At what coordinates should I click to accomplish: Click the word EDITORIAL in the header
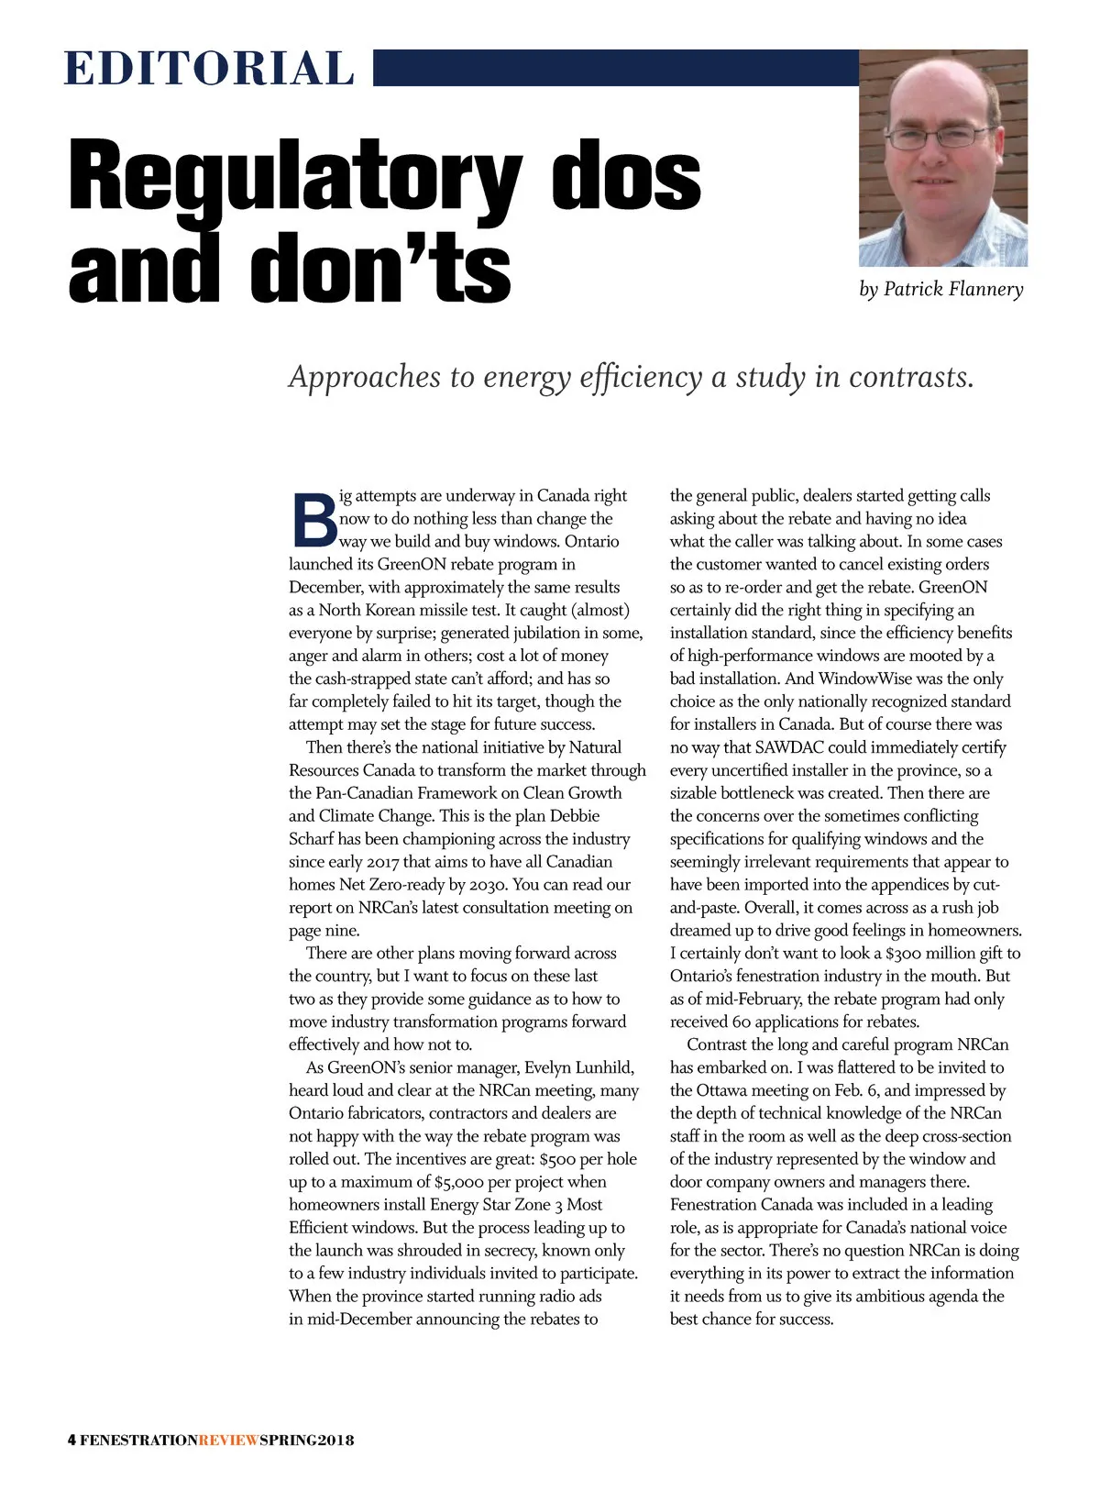click(x=209, y=69)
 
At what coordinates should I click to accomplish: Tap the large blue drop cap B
click(x=313, y=519)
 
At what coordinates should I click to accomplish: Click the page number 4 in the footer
click(x=71, y=1440)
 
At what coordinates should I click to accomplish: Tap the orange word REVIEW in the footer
click(x=229, y=1440)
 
